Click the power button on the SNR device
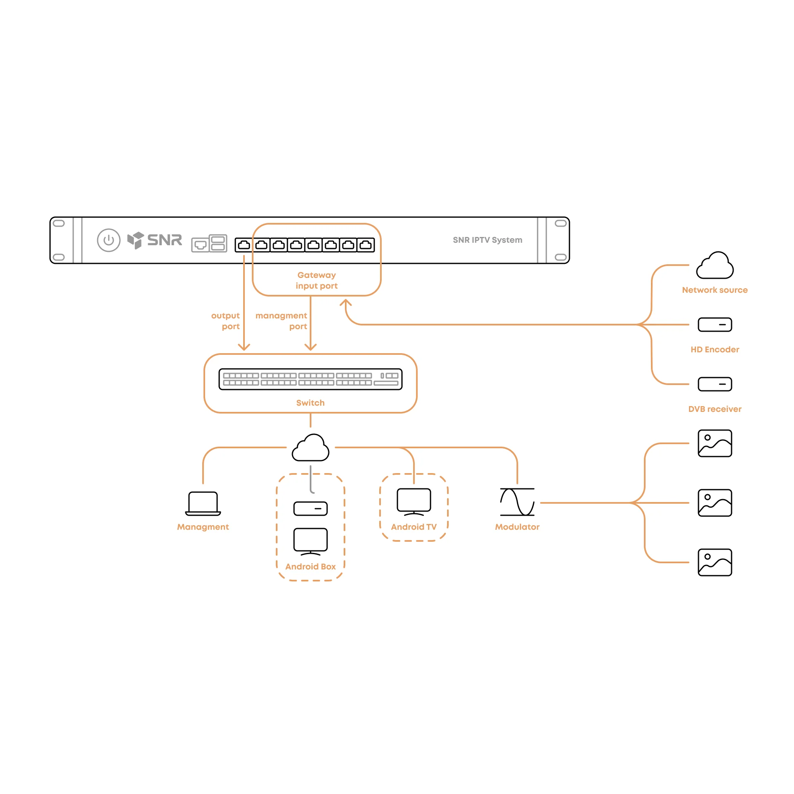click(x=109, y=240)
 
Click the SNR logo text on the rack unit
click(x=165, y=240)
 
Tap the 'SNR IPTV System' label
click(x=488, y=240)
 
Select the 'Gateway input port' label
click(x=317, y=280)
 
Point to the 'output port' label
click(x=226, y=321)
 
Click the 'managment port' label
click(x=282, y=321)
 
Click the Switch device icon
click(x=311, y=379)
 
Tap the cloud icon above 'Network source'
click(x=715, y=265)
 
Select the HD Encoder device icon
click(x=715, y=325)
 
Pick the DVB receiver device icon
click(x=715, y=384)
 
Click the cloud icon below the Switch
click(x=311, y=447)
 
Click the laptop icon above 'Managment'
click(x=203, y=504)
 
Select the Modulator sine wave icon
click(x=517, y=502)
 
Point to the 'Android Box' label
click(x=311, y=567)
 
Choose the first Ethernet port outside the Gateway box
click(x=244, y=245)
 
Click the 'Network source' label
click(x=715, y=290)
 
